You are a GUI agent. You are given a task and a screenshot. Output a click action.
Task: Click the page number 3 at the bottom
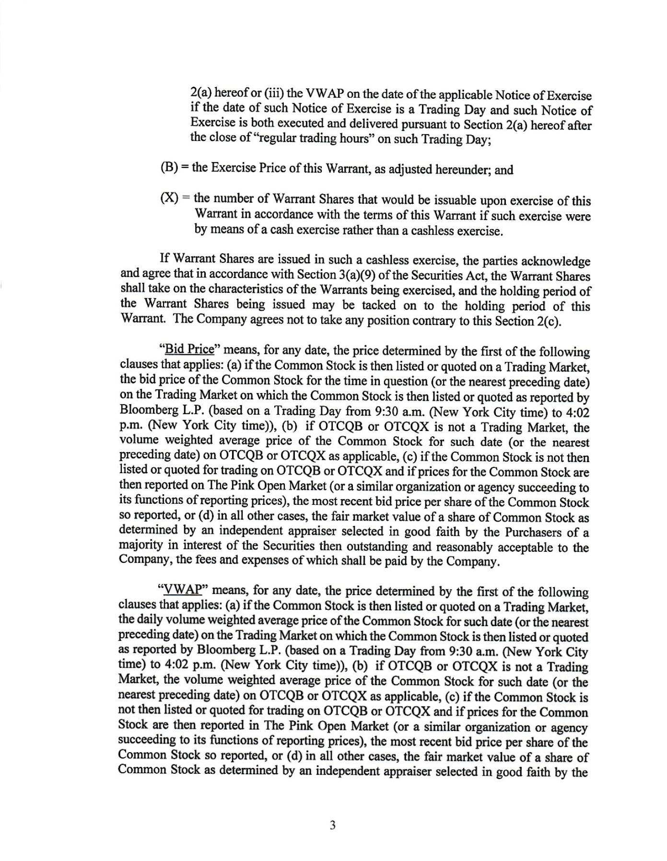tap(332, 826)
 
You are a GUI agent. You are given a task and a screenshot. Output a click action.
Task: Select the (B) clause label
tap(169, 168)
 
